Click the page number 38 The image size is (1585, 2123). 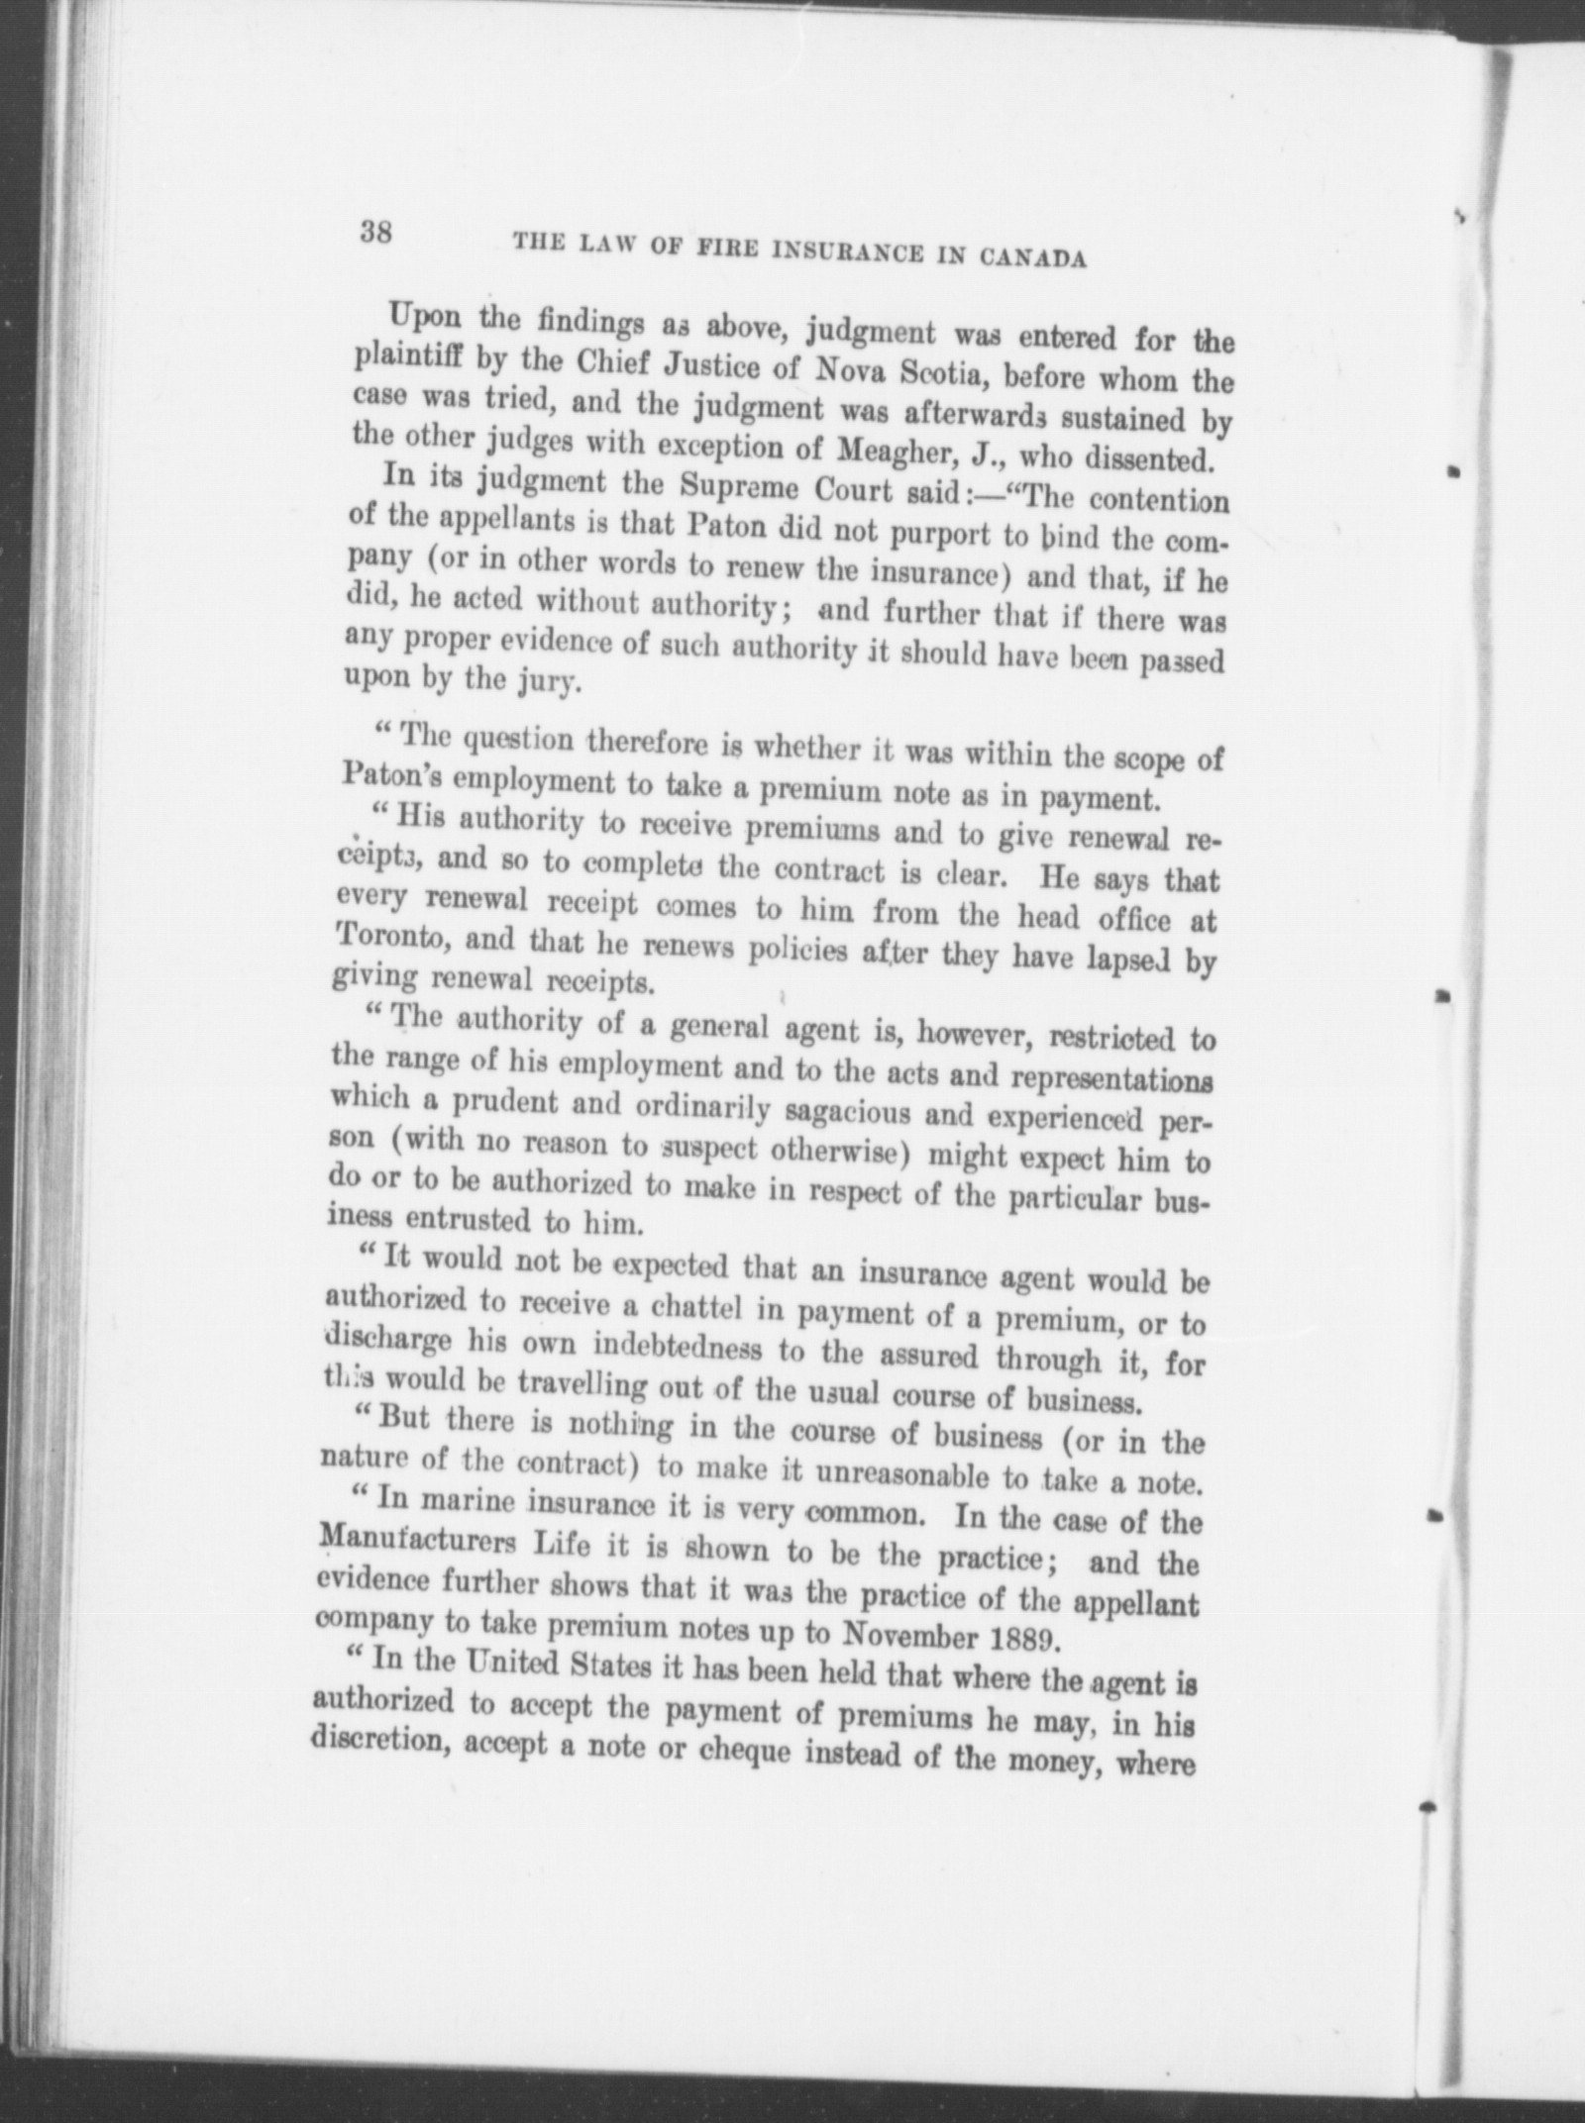click(x=377, y=234)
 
